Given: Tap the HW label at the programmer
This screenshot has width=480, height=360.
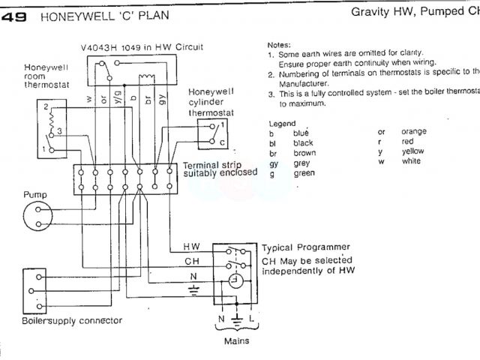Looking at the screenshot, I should [190, 245].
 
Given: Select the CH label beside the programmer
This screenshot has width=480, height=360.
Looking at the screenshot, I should [190, 260].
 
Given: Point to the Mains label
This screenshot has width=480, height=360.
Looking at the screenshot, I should [237, 340].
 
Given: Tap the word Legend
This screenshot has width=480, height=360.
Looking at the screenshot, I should [283, 122].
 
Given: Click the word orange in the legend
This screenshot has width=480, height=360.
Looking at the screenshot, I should [414, 131].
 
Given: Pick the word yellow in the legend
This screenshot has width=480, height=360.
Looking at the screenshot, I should [413, 151].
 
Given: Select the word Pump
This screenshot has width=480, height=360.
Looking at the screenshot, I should [35, 194].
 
